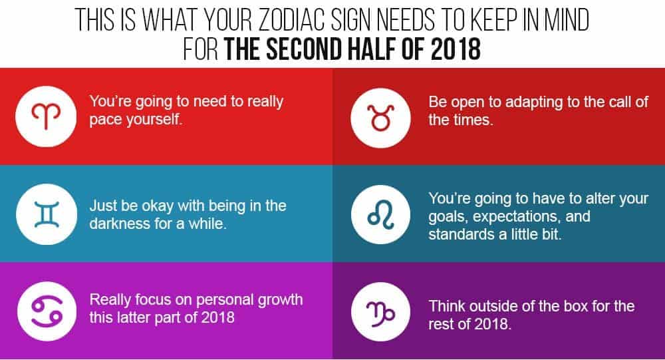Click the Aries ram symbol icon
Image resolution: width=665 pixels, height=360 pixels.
click(46, 116)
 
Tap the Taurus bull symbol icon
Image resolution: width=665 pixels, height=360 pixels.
click(380, 118)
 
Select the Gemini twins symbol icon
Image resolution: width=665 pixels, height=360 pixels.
click(47, 214)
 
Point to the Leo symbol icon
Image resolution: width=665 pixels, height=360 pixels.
click(380, 214)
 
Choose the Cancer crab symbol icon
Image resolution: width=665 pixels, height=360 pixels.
click(47, 311)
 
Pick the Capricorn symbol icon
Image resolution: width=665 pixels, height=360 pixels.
click(380, 312)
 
